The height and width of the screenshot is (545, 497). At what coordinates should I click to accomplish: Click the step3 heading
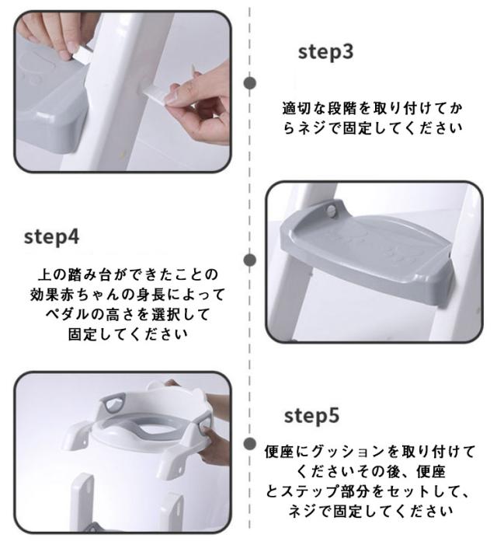point(325,52)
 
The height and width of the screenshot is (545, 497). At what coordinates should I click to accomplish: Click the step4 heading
point(51,237)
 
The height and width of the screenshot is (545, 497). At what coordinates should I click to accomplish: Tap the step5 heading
point(311,416)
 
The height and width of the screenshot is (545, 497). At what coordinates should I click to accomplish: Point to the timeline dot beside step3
point(249,83)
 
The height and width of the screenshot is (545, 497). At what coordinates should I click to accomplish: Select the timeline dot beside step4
point(249,260)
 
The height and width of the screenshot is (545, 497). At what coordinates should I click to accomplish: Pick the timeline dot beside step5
point(249,444)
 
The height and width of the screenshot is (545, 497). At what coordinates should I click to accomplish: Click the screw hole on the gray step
point(332,210)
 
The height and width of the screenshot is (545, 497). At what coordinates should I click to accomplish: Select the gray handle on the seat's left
point(113,404)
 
